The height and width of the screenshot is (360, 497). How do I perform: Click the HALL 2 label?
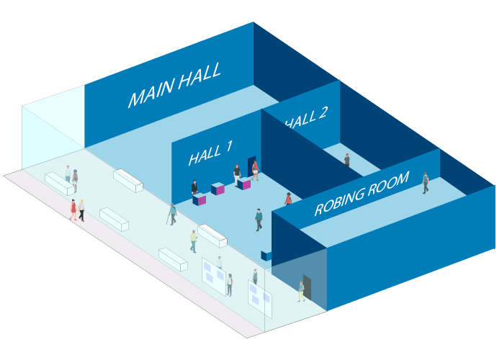click(x=307, y=117)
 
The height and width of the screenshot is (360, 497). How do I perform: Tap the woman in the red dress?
click(x=73, y=210)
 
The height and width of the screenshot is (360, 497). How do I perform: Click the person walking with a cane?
click(x=173, y=215)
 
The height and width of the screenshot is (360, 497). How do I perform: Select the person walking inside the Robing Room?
click(x=426, y=182)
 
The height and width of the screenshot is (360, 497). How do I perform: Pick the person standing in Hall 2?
click(x=346, y=161)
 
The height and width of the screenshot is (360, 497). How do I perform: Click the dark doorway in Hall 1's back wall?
click(x=251, y=166)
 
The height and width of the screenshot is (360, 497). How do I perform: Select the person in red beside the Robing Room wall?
click(x=288, y=199)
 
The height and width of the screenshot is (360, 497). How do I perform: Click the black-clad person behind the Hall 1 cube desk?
click(x=194, y=188)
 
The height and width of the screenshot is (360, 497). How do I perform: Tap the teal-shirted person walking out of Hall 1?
click(x=259, y=219)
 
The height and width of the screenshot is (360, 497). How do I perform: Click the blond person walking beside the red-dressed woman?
click(x=81, y=210)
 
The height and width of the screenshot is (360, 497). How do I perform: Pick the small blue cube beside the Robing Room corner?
click(x=266, y=255)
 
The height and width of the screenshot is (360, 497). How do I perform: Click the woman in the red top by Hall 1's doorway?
click(x=255, y=170)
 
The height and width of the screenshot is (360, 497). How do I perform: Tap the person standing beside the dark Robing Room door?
click(x=301, y=291)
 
